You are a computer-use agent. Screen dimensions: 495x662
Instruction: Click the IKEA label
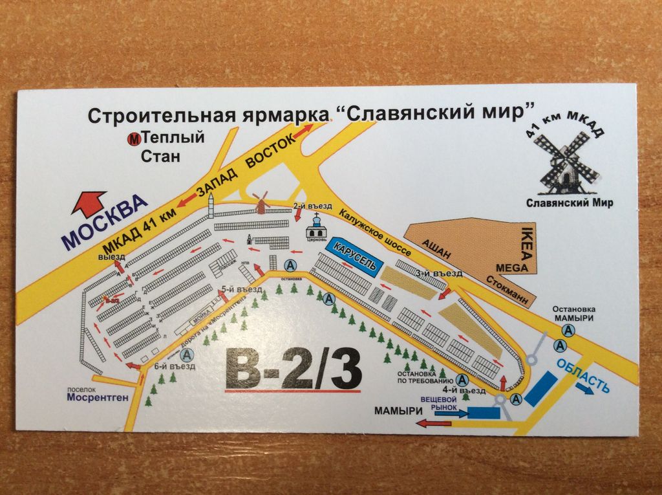click(525, 245)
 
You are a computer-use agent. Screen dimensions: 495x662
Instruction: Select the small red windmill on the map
click(261, 202)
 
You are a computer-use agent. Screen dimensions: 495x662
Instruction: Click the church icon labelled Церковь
click(317, 227)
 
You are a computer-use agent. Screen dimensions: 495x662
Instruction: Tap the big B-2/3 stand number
click(292, 371)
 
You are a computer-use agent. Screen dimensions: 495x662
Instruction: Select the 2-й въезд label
click(309, 206)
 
